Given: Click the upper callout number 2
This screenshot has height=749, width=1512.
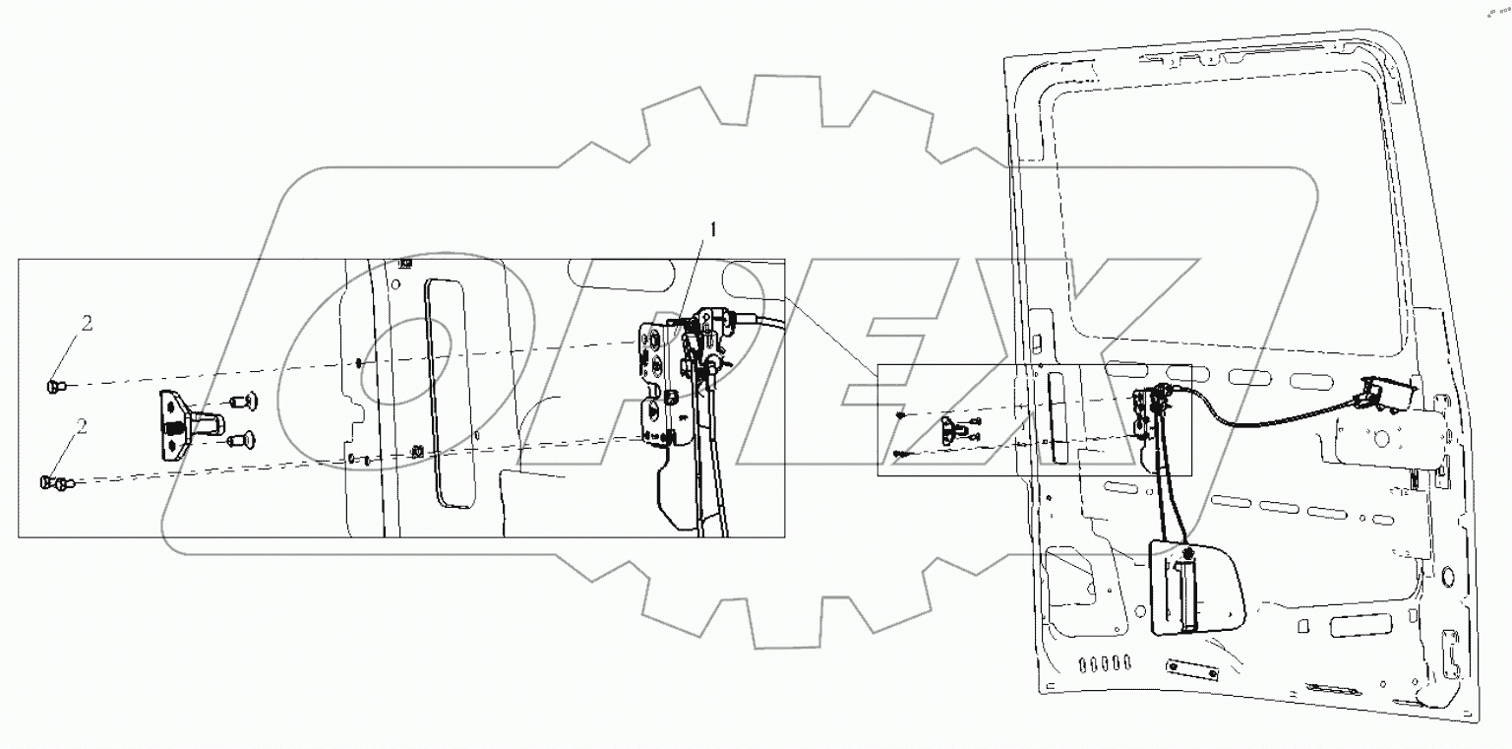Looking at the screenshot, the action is click(x=87, y=323).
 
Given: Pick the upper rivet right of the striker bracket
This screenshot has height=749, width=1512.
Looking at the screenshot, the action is click(x=239, y=401).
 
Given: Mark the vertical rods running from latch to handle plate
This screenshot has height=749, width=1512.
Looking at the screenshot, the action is click(x=1162, y=492).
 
